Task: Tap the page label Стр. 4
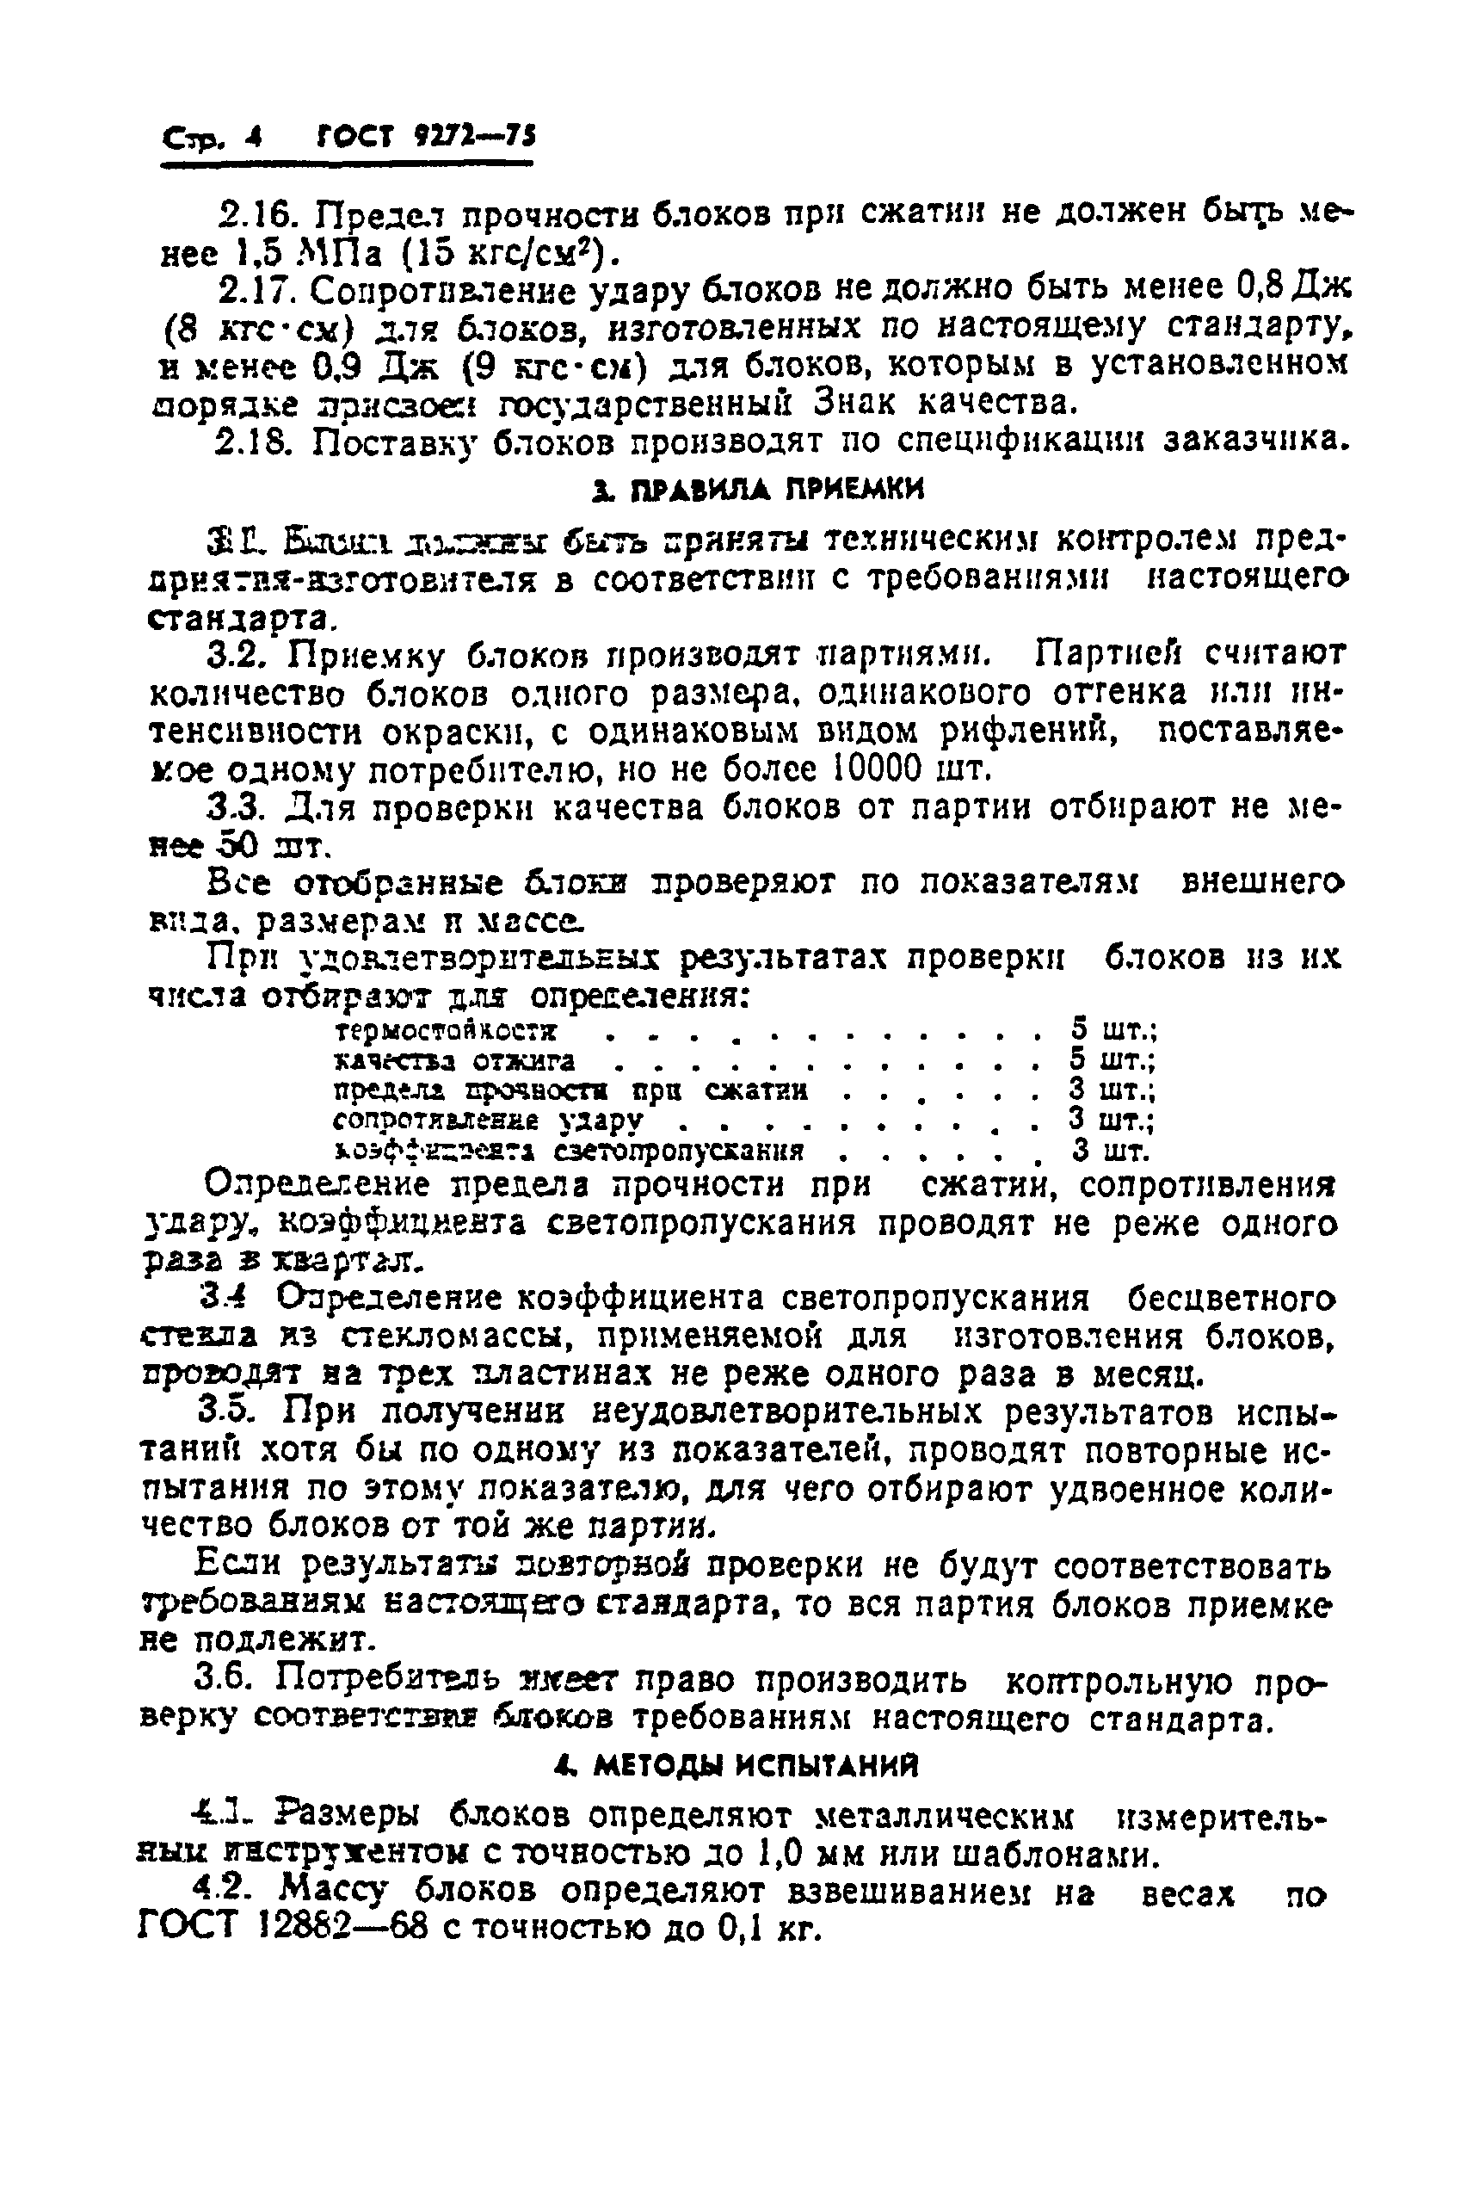pos(212,140)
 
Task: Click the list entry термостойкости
pos(447,1030)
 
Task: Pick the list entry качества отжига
pos(456,1060)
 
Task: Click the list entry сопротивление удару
pos(488,1120)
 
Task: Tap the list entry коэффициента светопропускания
pos(570,1151)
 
